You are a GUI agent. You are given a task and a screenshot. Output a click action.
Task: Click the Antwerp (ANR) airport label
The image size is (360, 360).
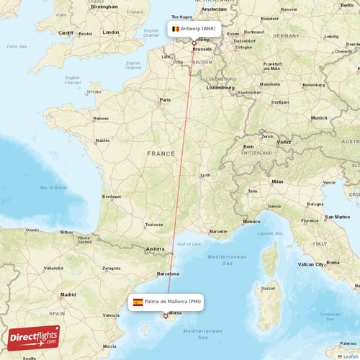pos(198,29)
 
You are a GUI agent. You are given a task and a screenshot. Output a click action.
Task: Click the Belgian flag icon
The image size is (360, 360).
pos(175,29)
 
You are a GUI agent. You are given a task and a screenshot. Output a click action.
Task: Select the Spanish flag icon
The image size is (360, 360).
pos(138,302)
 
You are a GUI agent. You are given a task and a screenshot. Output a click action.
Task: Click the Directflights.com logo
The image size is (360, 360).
pos(34,337)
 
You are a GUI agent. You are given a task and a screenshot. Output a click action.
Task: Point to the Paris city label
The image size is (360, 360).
pos(165,100)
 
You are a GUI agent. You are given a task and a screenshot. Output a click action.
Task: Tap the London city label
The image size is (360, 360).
pos(111,32)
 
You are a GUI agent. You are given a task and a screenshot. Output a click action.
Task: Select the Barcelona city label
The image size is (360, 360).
pos(167,274)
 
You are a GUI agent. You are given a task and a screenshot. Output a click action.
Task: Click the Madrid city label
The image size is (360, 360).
pos(68,294)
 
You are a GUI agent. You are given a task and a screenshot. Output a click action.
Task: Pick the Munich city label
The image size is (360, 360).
pos(319,117)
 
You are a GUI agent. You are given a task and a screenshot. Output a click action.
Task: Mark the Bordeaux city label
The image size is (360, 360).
pos(112,197)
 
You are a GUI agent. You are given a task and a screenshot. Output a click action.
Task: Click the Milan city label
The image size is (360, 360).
pos(277,181)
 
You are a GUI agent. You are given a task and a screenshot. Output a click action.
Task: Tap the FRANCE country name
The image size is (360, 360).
pos(161,153)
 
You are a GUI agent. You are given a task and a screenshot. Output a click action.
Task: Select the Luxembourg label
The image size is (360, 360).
pos(221,87)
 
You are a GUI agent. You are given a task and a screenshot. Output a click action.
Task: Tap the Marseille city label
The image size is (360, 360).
pos(218,231)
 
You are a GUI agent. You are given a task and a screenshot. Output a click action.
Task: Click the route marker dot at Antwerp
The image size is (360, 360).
pos(194,43)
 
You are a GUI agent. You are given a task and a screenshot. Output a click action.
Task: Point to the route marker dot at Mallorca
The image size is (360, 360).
pos(166,315)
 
